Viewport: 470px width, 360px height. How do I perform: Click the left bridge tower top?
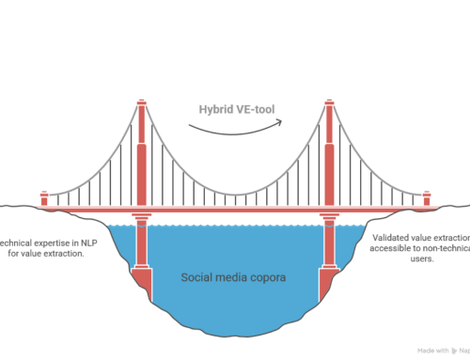tap(141, 102)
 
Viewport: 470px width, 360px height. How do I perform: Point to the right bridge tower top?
tap(329, 102)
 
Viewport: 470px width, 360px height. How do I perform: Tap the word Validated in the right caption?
tap(396, 238)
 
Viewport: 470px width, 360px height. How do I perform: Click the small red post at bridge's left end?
tap(43, 198)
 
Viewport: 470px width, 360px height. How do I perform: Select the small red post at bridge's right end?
tap(427, 198)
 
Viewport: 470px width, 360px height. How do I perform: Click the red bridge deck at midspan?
tap(235, 207)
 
